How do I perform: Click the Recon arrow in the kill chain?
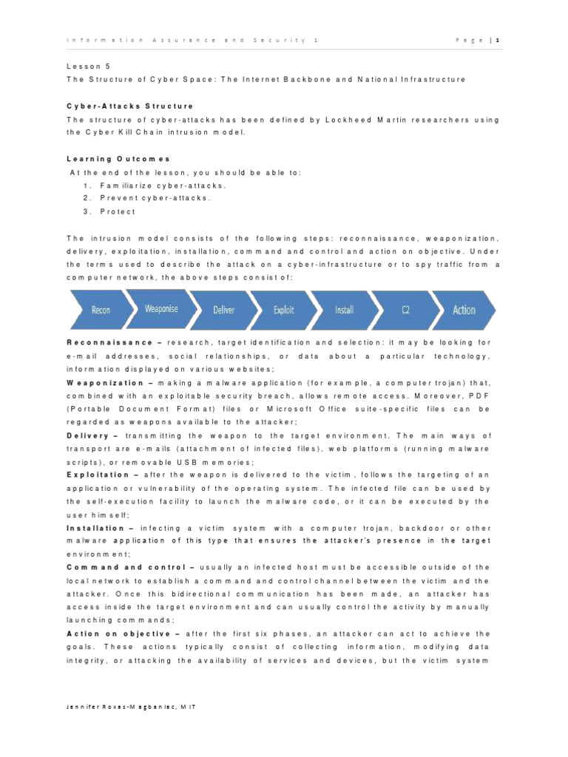pyautogui.click(x=100, y=310)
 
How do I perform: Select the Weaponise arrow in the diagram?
pyautogui.click(x=161, y=308)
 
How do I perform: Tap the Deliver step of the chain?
pyautogui.click(x=223, y=310)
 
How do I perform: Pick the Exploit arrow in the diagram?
pyautogui.click(x=283, y=310)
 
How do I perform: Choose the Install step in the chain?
pyautogui.click(x=344, y=310)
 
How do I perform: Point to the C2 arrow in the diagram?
pyautogui.click(x=405, y=310)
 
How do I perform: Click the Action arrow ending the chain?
pyautogui.click(x=464, y=310)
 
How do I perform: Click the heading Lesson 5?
pyautogui.click(x=88, y=66)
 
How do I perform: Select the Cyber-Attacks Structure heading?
pyautogui.click(x=129, y=106)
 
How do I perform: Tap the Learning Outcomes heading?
pyautogui.click(x=118, y=159)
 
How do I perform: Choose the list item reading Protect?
pyautogui.click(x=118, y=211)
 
